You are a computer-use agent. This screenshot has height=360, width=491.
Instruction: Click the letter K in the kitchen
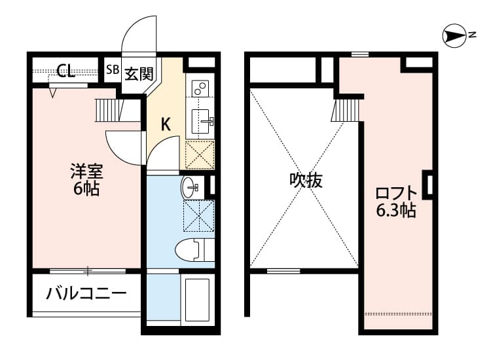[166, 124]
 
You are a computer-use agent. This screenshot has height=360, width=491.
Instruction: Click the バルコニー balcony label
[86, 293]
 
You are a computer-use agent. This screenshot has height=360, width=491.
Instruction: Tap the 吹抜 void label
[306, 181]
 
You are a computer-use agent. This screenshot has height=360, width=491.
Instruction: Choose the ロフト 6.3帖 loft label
[395, 202]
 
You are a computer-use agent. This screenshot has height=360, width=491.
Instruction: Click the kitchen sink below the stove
[200, 120]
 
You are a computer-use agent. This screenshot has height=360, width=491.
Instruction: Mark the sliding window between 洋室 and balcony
[87, 270]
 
